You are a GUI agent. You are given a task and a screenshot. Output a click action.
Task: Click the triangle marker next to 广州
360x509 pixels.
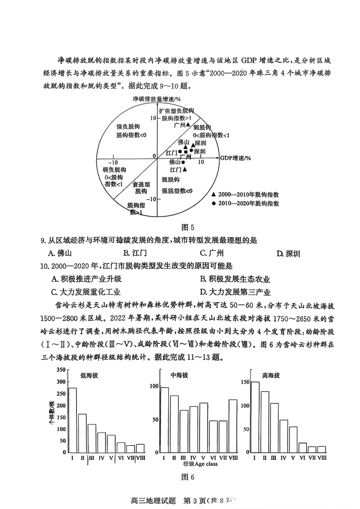[188, 124]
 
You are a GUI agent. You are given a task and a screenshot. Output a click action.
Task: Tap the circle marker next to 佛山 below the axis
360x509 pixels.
[183, 162]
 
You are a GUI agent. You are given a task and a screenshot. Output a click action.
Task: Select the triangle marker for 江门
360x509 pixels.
[185, 169]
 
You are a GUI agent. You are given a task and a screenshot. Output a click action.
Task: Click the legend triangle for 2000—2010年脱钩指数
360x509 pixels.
[214, 194]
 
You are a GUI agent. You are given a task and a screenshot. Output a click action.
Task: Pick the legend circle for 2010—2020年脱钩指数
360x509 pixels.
[214, 204]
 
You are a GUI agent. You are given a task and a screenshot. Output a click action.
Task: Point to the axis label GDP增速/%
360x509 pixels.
[235, 158]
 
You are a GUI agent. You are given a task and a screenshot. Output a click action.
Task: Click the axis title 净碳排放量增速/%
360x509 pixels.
[156, 99]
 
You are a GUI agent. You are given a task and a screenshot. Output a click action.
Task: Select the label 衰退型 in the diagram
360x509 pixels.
[141, 185]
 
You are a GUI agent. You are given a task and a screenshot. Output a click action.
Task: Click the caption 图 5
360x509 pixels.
[188, 227]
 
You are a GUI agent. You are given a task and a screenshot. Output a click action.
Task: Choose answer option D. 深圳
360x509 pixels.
[288, 254]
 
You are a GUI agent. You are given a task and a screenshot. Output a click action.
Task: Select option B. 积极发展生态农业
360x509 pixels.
[235, 279]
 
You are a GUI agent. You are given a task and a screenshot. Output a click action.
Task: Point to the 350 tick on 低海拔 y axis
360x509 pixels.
[61, 370]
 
